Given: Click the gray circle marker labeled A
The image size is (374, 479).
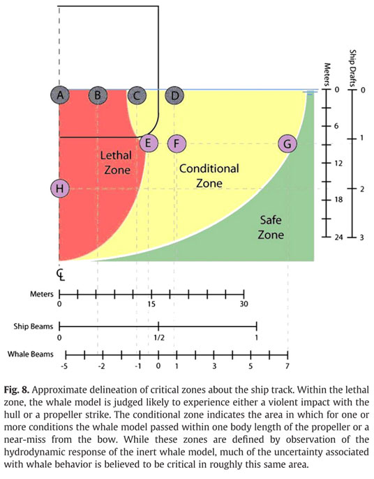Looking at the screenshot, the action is pyautogui.click(x=60, y=95).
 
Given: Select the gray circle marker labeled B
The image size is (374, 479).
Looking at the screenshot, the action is pyautogui.click(x=98, y=95).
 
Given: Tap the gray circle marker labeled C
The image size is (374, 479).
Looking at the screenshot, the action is pyautogui.click(x=137, y=95).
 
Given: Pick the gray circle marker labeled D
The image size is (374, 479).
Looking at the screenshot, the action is pyautogui.click(x=174, y=95).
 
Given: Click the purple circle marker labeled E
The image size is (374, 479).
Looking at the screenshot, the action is pyautogui.click(x=149, y=143).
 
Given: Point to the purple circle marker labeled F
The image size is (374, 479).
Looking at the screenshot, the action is pyautogui.click(x=177, y=143).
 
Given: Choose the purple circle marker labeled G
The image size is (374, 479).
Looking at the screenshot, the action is pyautogui.click(x=287, y=143).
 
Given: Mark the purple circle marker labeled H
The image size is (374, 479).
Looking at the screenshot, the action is pyautogui.click(x=60, y=188).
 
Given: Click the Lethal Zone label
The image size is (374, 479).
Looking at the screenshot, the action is pyautogui.click(x=117, y=162).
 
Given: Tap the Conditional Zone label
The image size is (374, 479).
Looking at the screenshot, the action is pyautogui.click(x=209, y=175).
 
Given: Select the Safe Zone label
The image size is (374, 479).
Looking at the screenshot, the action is pyautogui.click(x=271, y=227).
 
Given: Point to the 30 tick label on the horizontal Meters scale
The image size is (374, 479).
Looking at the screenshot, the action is pyautogui.click(x=244, y=304).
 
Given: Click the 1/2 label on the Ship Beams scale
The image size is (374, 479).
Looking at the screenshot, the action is pyautogui.click(x=159, y=338).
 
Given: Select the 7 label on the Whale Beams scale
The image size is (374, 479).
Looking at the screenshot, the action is pyautogui.click(x=287, y=366).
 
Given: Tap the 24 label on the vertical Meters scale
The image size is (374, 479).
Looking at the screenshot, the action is pyautogui.click(x=338, y=237).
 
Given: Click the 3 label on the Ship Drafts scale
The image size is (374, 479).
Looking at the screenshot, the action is pyautogui.click(x=361, y=237).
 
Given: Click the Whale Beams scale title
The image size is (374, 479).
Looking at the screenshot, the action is pyautogui.click(x=30, y=354).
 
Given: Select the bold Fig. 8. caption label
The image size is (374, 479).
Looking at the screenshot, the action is pyautogui.click(x=17, y=390).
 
